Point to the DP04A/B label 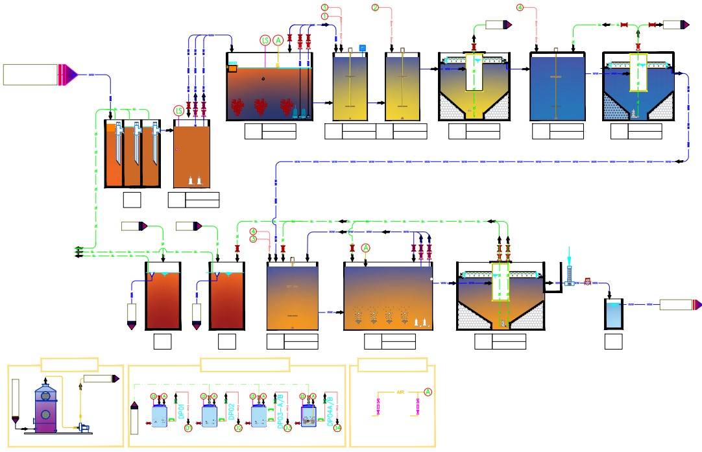point(331,410)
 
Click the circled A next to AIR point(428,392)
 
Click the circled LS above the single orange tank point(179,111)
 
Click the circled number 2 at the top point(375,7)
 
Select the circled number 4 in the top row point(520,7)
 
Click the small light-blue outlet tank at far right point(614,313)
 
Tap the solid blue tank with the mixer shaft point(557,88)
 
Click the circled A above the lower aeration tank point(365,248)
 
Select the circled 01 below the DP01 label point(188,428)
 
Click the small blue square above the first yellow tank point(363,47)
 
